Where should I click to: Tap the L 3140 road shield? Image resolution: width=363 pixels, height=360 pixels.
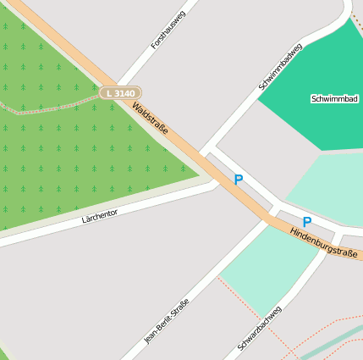point(120,91)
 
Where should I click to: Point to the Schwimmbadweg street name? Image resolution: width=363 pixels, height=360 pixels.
point(280,67)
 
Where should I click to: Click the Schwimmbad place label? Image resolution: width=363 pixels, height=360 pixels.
point(334,99)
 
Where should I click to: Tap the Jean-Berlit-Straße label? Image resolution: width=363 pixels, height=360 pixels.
point(167,320)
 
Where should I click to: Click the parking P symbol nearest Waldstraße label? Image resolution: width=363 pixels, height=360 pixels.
point(239,180)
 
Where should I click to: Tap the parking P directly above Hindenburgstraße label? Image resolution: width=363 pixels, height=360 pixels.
point(307,222)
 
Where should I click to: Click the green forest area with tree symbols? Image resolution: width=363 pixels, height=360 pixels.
point(59,152)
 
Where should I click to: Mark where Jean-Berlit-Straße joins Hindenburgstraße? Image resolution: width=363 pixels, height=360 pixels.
point(265,219)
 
